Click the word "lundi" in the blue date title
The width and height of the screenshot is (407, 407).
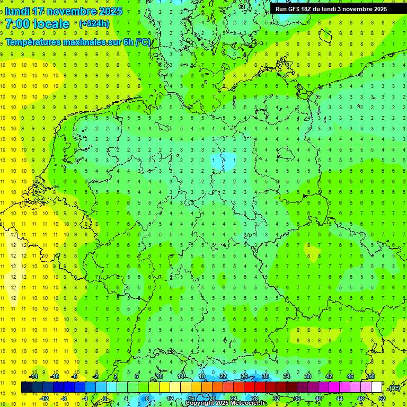pyautogui.click(x=16, y=11)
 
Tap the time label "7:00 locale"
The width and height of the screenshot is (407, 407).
pyautogui.click(x=37, y=24)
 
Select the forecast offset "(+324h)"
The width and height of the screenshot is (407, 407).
pyautogui.click(x=94, y=24)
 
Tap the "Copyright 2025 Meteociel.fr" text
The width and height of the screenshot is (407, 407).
pyautogui.click(x=225, y=403)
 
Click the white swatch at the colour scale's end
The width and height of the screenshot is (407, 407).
pyautogui.click(x=376, y=387)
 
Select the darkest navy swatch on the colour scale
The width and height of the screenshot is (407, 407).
pyautogui.click(x=26, y=387)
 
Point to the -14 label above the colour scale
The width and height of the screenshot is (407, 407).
pyautogui.click(x=34, y=376)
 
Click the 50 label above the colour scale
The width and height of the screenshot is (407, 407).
pyautogui.click(x=371, y=376)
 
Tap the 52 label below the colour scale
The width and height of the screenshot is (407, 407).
pyautogui.click(x=382, y=398)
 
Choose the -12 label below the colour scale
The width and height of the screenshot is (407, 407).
pyautogui.click(x=45, y=398)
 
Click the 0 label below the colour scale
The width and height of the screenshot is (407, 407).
pyautogui.click(x=105, y=398)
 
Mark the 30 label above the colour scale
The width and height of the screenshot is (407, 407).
pyautogui.click(x=265, y=376)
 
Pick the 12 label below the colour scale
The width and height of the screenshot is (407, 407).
pyautogui.click(x=170, y=398)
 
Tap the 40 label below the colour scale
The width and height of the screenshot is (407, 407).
pyautogui.click(x=318, y=398)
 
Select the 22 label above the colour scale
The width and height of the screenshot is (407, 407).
pyautogui.click(x=223, y=376)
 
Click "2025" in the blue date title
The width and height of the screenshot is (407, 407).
pyautogui.click(x=110, y=11)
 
